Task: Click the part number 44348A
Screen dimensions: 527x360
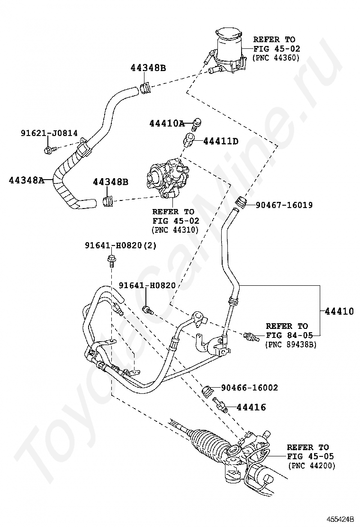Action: [26, 180]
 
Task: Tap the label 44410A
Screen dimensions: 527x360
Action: [166, 124]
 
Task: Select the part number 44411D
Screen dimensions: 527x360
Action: [221, 141]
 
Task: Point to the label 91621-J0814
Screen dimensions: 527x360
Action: [49, 134]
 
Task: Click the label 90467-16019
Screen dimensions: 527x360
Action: [284, 205]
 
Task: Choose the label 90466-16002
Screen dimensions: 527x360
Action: [249, 388]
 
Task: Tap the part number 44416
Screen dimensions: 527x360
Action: [251, 407]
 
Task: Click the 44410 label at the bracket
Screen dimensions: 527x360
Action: [339, 311]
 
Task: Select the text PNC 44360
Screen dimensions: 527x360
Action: [276, 57]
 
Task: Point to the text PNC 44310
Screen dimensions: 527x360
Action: [175, 230]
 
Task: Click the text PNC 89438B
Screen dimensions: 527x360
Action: [290, 344]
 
